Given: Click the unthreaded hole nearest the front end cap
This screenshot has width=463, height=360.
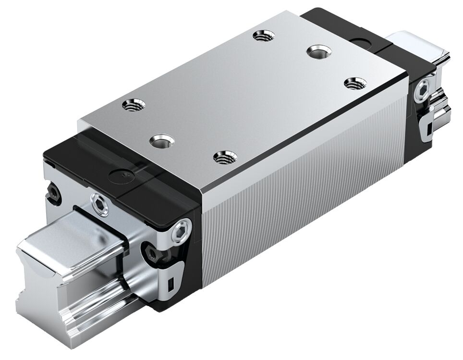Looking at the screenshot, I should tap(159, 141).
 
